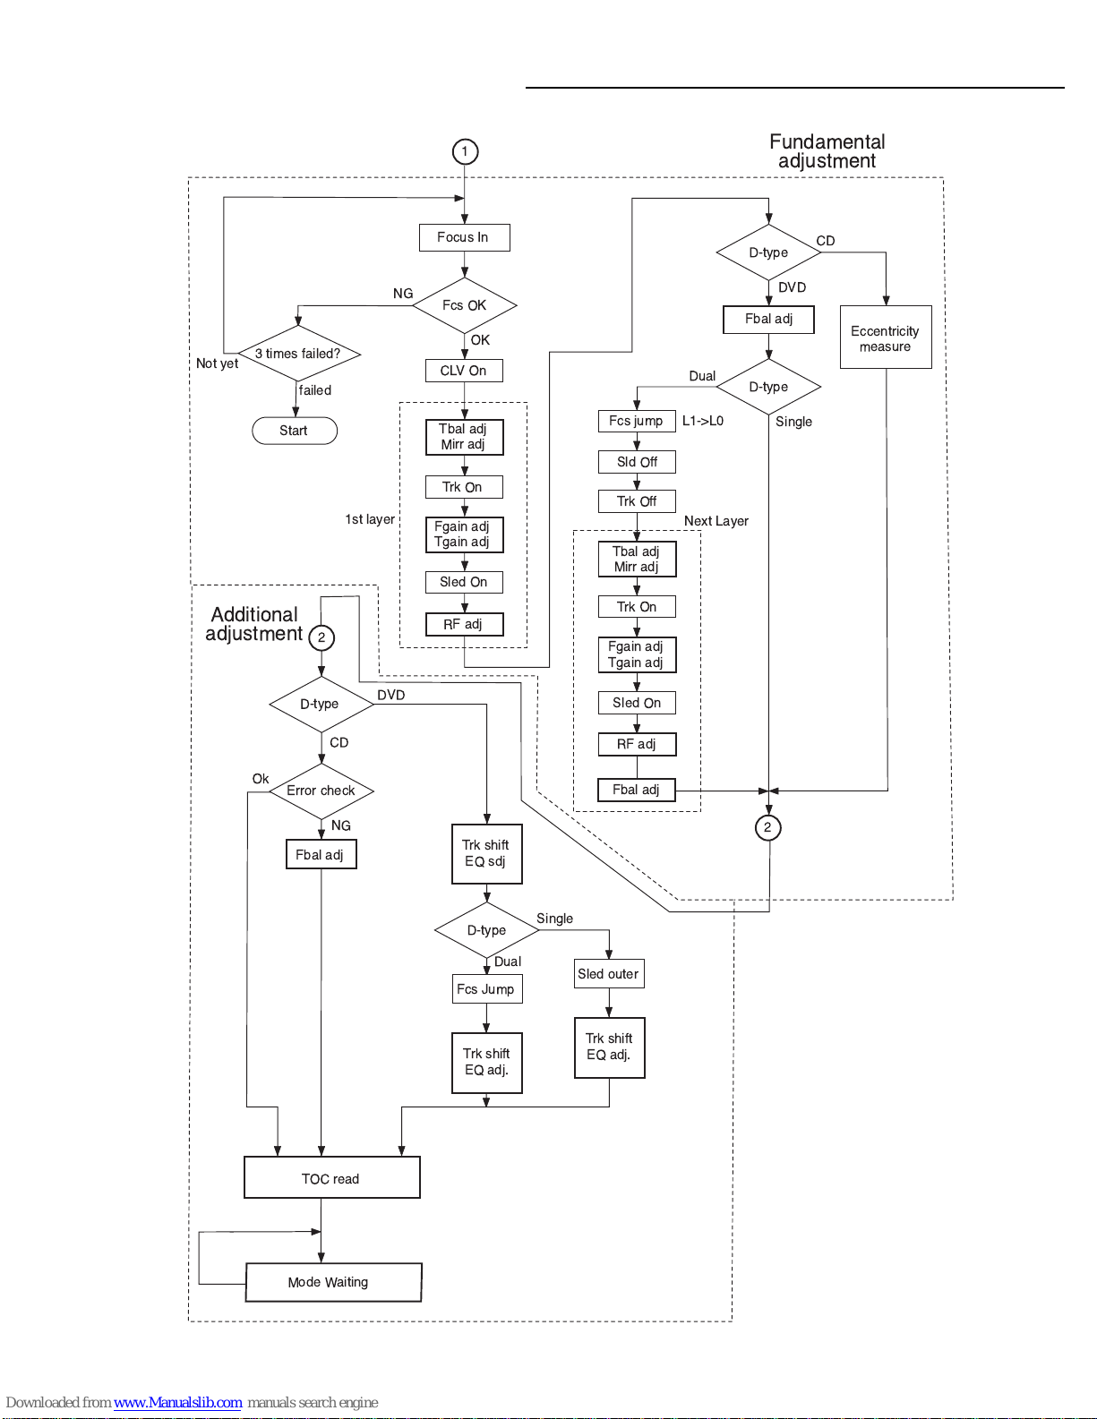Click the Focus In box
click(x=464, y=238)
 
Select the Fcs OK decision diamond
click(x=464, y=305)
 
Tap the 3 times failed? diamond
click(x=298, y=354)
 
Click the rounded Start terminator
click(x=295, y=431)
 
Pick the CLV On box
click(x=464, y=371)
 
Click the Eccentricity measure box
click(x=886, y=337)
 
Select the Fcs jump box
click(x=637, y=421)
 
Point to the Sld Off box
click(x=637, y=462)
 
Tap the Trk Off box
click(x=637, y=501)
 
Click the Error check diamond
click(x=321, y=791)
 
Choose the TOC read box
click(x=331, y=1177)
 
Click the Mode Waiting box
click(x=333, y=1282)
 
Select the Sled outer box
click(x=609, y=974)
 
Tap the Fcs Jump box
click(x=486, y=989)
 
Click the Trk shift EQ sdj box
click(x=486, y=853)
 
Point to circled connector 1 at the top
click(x=465, y=151)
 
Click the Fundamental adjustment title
click(x=827, y=150)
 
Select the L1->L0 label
click(x=703, y=421)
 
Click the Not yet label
click(x=217, y=363)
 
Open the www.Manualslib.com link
click(x=177, y=1402)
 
